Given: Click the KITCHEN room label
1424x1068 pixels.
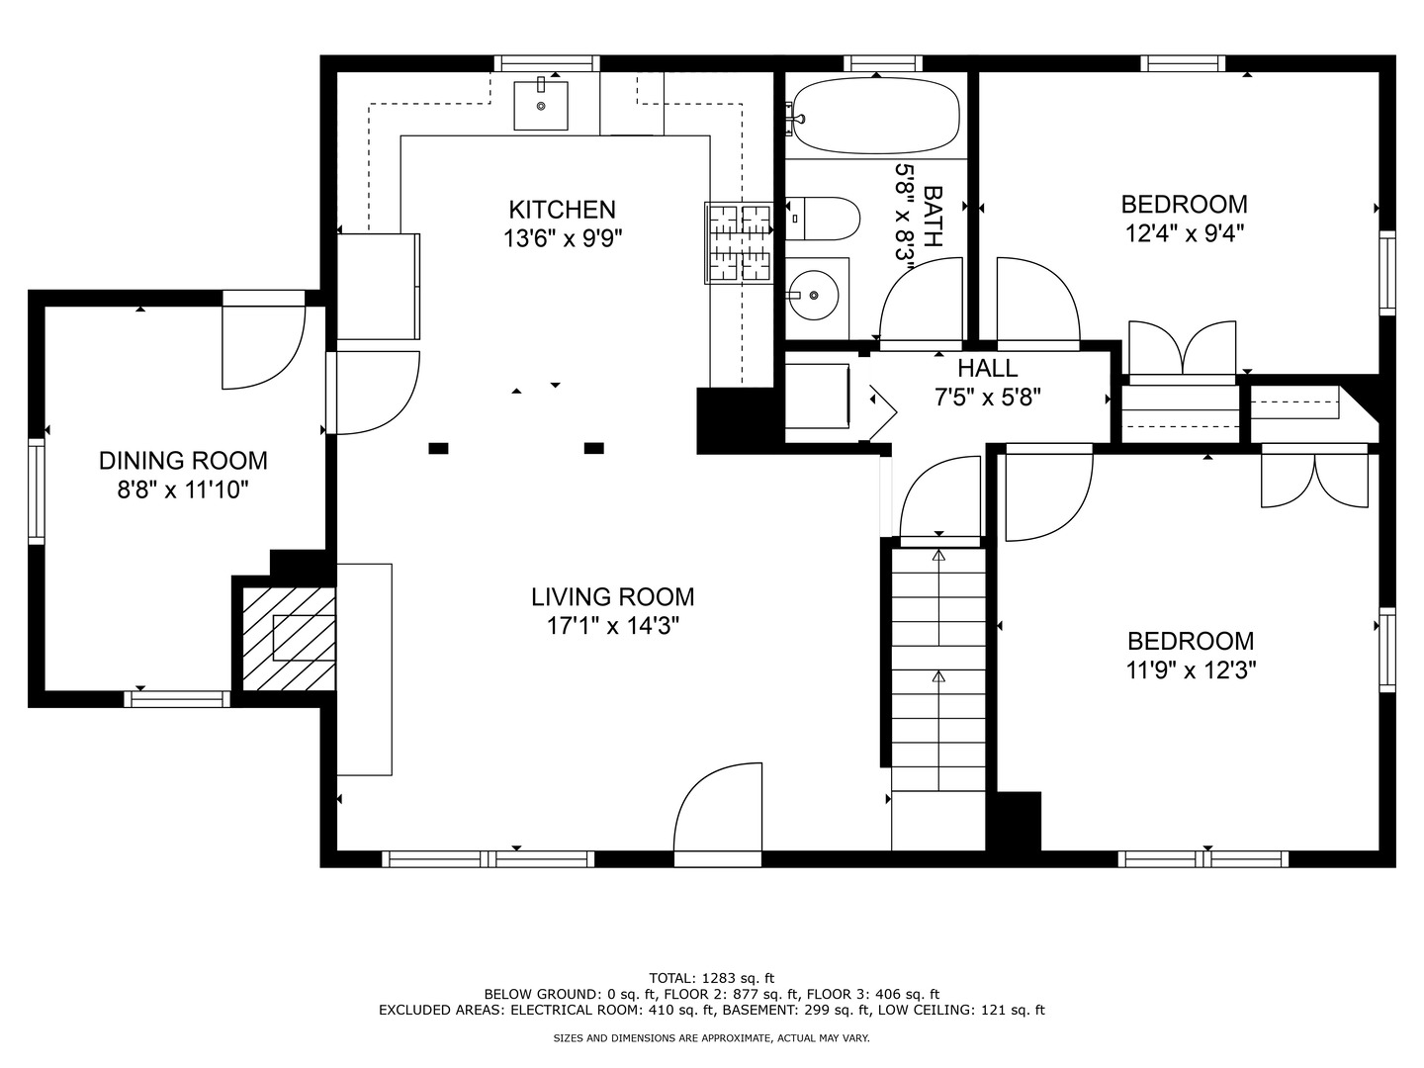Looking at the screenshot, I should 562,210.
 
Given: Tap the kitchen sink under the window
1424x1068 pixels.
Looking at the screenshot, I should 541,105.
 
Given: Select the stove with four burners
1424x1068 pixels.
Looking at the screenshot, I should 739,242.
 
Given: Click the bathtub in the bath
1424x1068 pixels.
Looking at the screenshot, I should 875,116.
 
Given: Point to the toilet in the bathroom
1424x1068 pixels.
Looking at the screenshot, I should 825,219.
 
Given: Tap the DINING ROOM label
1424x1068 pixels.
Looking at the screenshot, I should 183,461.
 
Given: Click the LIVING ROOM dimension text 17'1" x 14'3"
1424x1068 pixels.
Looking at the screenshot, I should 613,626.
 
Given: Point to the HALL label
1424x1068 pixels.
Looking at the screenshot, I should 987,369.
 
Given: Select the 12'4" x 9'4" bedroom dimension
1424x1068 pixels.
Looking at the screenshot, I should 1184,233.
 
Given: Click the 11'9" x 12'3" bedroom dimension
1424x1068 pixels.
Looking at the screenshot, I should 1191,670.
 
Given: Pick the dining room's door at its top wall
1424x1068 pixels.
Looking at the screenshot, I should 262,346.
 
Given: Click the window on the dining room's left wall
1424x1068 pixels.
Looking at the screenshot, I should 37,491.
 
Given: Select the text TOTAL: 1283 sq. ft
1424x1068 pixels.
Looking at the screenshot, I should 711,978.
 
